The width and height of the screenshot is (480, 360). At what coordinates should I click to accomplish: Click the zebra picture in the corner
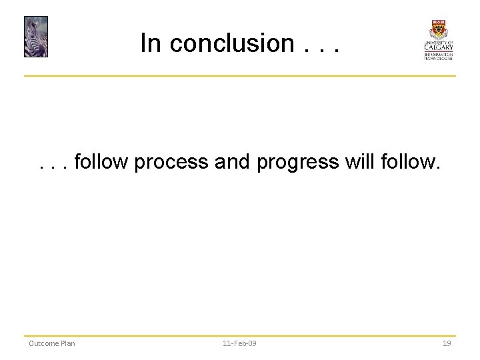click(36, 37)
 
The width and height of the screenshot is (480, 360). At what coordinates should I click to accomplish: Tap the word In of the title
click(151, 43)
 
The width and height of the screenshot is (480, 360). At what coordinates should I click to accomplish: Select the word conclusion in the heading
click(231, 44)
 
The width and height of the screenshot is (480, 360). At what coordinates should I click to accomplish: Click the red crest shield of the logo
click(438, 29)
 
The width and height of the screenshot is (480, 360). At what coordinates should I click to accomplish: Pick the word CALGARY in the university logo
click(438, 47)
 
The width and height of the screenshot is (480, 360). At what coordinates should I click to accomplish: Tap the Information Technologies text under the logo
click(438, 56)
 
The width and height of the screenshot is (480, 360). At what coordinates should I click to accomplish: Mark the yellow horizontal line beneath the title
click(240, 76)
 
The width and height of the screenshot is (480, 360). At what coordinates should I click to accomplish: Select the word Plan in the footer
click(67, 343)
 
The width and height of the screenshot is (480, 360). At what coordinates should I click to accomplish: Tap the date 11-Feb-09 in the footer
click(239, 343)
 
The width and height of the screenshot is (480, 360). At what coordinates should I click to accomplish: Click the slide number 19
click(447, 343)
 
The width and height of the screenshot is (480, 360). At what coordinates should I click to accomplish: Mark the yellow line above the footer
click(240, 335)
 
